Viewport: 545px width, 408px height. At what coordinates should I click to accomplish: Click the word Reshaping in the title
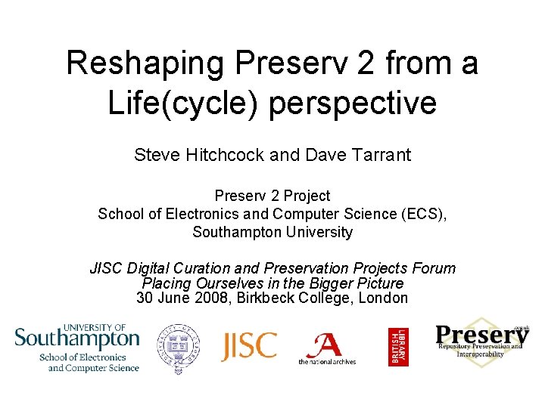(x=143, y=63)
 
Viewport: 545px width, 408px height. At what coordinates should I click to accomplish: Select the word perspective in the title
(x=354, y=104)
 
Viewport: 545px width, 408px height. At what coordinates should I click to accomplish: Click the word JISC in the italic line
(x=108, y=268)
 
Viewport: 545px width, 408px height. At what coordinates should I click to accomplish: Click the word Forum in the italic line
(x=434, y=268)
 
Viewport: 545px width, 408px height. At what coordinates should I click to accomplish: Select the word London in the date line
(x=385, y=298)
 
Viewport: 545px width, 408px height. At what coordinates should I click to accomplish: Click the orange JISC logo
(x=249, y=346)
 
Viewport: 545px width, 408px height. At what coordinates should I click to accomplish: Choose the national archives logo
(x=326, y=348)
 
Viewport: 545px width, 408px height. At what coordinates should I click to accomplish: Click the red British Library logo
(x=398, y=347)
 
